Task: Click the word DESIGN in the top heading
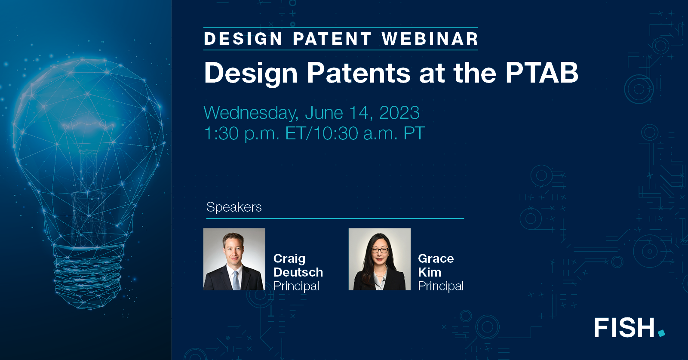click(243, 39)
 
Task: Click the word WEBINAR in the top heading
click(430, 39)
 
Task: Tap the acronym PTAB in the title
click(542, 73)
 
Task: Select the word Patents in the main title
click(359, 73)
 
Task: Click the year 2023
click(399, 113)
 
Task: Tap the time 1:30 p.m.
click(241, 134)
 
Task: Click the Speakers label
click(234, 207)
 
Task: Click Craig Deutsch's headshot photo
click(234, 259)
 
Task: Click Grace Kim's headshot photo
click(379, 259)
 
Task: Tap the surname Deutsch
click(298, 272)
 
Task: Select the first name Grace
click(436, 258)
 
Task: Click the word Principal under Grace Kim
click(441, 286)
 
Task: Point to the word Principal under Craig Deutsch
click(296, 286)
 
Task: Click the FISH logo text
click(624, 328)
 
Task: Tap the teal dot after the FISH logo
click(661, 333)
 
